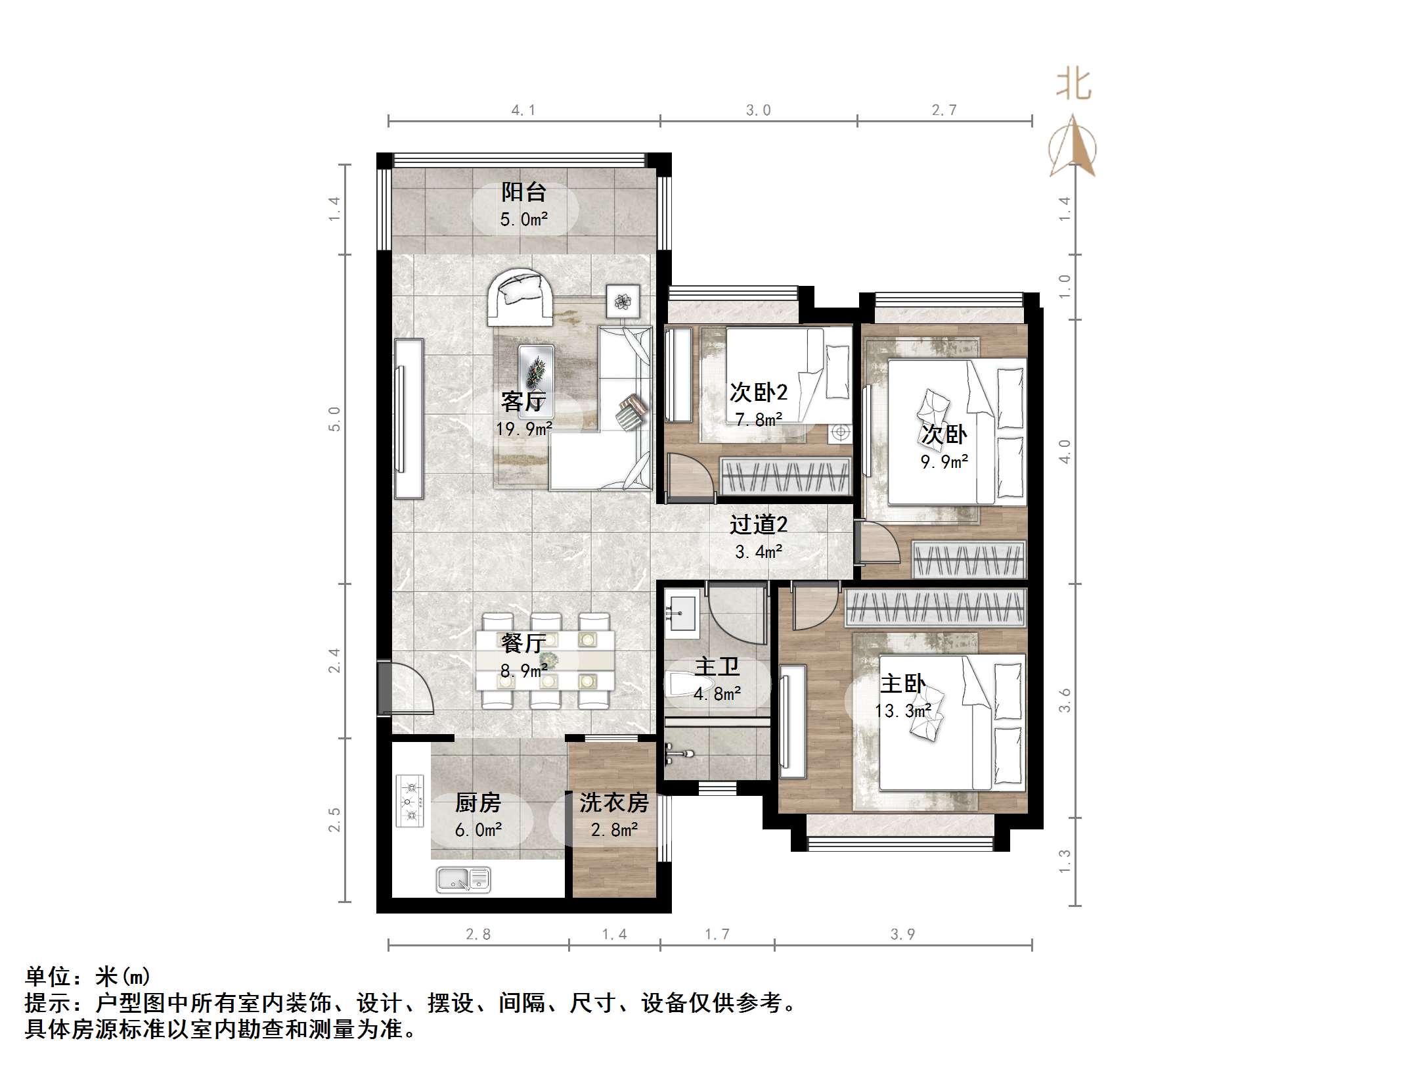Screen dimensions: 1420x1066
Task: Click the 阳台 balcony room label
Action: click(x=524, y=192)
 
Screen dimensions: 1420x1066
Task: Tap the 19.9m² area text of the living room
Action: click(x=524, y=429)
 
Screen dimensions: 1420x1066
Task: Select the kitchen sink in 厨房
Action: click(x=464, y=880)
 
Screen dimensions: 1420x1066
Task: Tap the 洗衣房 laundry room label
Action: click(x=614, y=802)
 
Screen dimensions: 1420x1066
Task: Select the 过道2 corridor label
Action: click(x=759, y=524)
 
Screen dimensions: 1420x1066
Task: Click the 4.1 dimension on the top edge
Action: click(x=523, y=110)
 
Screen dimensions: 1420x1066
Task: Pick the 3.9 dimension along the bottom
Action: click(x=902, y=934)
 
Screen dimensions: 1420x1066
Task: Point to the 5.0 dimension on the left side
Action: click(x=335, y=419)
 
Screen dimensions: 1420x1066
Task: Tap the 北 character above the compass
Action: click(x=1074, y=85)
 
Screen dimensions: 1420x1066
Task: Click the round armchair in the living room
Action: click(x=520, y=298)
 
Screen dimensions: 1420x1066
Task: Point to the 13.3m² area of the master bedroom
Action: click(x=903, y=711)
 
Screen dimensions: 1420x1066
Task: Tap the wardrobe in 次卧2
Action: click(x=786, y=475)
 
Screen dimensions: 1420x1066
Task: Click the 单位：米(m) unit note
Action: click(x=87, y=977)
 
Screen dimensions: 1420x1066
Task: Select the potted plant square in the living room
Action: click(x=623, y=302)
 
